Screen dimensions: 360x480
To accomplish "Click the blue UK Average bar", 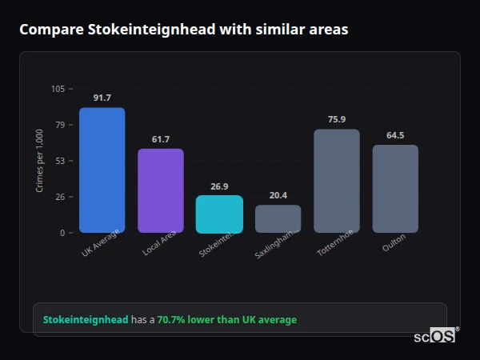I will click(x=102, y=170).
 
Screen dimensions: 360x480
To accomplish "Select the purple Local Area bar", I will click(x=161, y=190).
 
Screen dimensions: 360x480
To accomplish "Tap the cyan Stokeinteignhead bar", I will click(x=219, y=214).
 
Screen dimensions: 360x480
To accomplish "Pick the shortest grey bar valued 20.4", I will click(x=278, y=218).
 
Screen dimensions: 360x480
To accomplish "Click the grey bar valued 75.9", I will click(x=337, y=181).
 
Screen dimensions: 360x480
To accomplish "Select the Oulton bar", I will click(x=395, y=189).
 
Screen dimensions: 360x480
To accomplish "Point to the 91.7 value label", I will click(x=102, y=98).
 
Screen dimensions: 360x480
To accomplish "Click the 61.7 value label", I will click(x=161, y=139).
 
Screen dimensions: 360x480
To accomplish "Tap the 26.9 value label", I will click(x=219, y=186).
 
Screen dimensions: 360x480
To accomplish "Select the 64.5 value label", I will click(x=395, y=135).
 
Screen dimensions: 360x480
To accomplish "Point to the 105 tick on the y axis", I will click(x=58, y=89).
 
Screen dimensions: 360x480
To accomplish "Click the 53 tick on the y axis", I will click(x=60, y=161).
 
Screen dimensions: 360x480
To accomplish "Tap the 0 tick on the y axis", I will click(x=62, y=233).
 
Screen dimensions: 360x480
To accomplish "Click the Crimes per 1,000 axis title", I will click(x=40, y=161).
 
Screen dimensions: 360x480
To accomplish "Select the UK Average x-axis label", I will click(x=101, y=243).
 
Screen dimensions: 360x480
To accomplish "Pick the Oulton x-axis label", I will click(x=394, y=243).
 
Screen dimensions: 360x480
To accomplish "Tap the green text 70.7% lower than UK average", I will click(x=226, y=320).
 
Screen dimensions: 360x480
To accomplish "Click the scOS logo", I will click(x=435, y=336).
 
